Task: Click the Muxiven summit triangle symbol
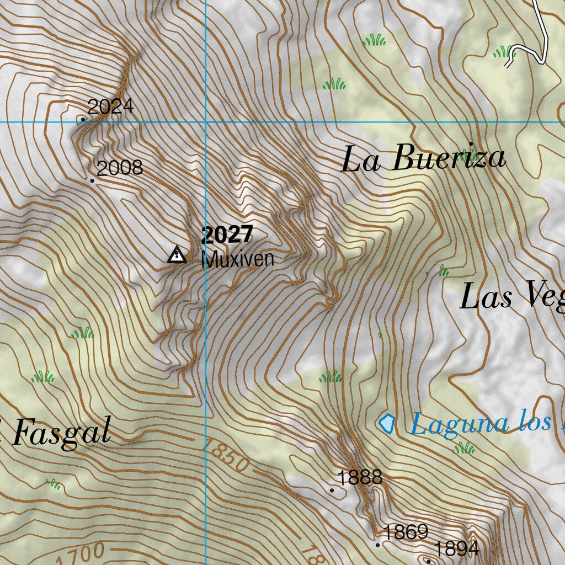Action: tap(177, 254)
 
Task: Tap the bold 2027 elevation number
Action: tap(227, 235)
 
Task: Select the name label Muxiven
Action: tap(238, 259)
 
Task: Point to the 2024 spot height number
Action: tap(111, 106)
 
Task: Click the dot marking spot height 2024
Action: tap(83, 119)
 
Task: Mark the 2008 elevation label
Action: tap(120, 168)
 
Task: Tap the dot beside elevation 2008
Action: tap(92, 180)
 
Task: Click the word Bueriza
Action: tap(449, 158)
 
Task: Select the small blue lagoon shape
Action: tap(387, 423)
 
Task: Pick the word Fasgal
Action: tap(61, 432)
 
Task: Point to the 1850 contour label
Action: tap(227, 454)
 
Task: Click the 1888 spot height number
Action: tap(360, 477)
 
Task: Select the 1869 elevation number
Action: tap(406, 532)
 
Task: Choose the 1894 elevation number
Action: tap(456, 549)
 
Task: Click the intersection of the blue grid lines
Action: tap(206, 122)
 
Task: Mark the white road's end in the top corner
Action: tap(507, 66)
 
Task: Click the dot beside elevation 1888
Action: tap(332, 489)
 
